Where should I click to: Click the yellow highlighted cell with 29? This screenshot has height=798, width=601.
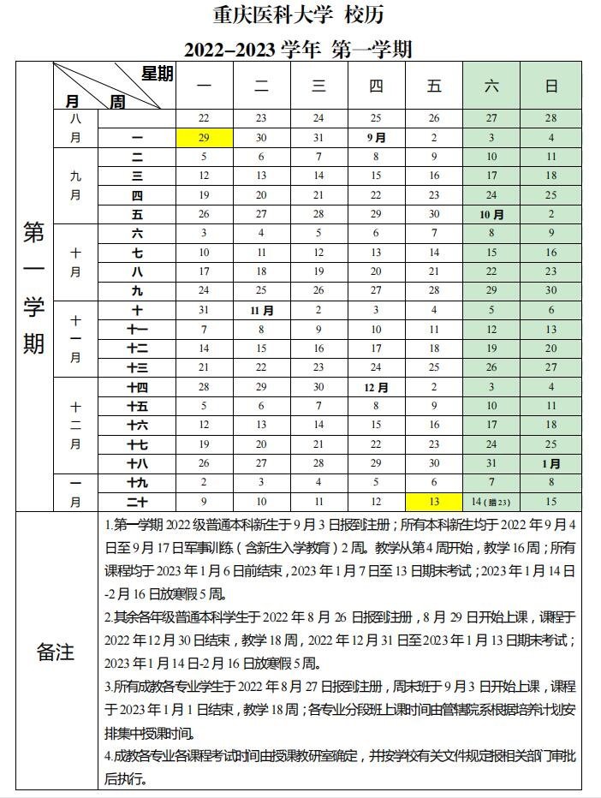[x=204, y=138]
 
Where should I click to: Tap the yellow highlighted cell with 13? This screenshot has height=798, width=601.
[x=434, y=501]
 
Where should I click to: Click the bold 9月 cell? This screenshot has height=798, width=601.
[x=376, y=138]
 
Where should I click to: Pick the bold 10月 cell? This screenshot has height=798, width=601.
[x=491, y=215]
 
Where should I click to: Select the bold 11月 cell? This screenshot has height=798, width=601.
[x=261, y=311]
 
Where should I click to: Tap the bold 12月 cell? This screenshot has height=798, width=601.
[x=376, y=388]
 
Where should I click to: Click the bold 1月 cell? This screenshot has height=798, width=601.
[x=551, y=464]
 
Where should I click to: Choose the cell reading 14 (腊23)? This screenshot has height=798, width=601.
[x=491, y=501]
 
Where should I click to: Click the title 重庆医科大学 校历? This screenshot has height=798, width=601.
[x=299, y=15]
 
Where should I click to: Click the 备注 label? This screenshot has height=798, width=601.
[x=56, y=652]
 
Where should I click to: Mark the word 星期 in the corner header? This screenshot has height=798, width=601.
[x=158, y=74]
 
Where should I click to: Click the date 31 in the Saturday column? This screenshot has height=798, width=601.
[x=491, y=464]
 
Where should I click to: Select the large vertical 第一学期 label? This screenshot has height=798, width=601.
[x=33, y=288]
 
